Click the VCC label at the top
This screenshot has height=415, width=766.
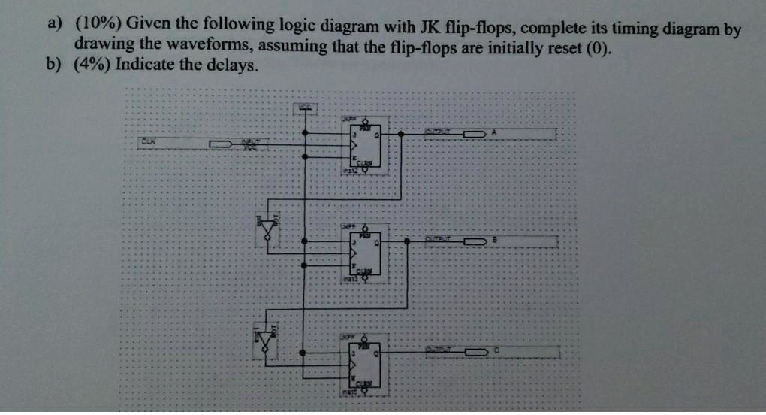pyautogui.click(x=304, y=105)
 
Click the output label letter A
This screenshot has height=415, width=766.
pyautogui.click(x=493, y=132)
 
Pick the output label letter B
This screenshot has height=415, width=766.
pyautogui.click(x=494, y=240)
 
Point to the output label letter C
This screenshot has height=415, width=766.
pyautogui.click(x=496, y=350)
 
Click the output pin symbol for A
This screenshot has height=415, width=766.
pyautogui.click(x=472, y=134)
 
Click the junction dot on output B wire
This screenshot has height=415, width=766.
pyautogui.click(x=406, y=241)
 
